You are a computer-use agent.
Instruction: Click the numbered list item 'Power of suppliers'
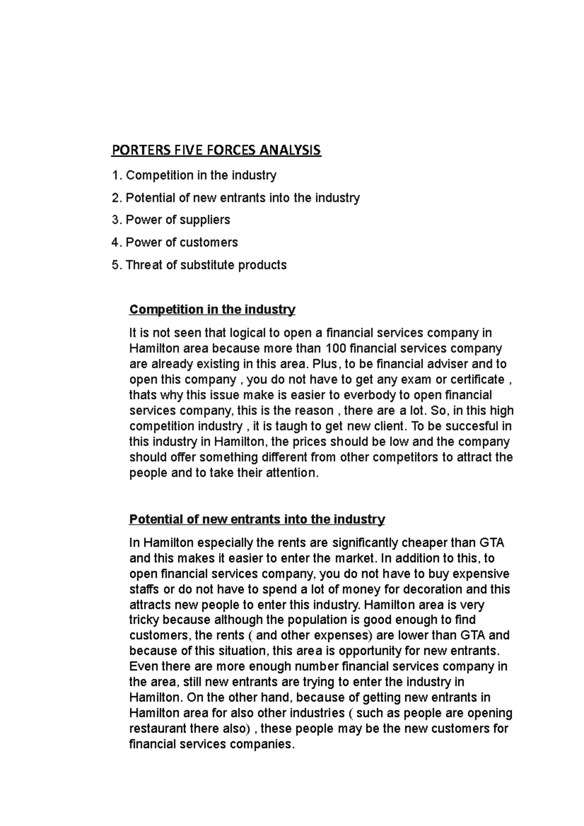coord(178,220)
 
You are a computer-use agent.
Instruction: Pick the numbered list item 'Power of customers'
coord(182,242)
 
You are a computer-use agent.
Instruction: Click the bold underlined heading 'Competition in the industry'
coord(212,310)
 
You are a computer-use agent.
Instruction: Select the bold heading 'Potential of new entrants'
coord(257,520)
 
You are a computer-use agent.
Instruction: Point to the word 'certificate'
coord(477,379)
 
